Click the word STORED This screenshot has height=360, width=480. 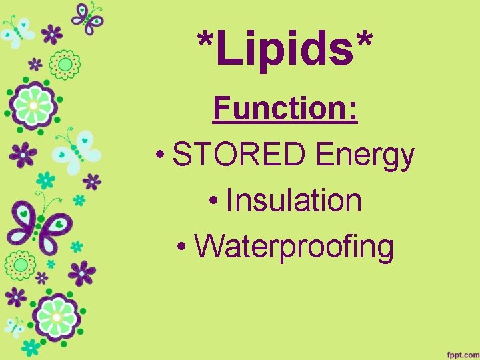[241, 156]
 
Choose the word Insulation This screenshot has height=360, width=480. [294, 201]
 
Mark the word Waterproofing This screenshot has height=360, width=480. [294, 247]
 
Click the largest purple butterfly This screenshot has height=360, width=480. [37, 224]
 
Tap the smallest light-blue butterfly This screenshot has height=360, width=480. [15, 327]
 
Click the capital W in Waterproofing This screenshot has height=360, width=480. [210, 245]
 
